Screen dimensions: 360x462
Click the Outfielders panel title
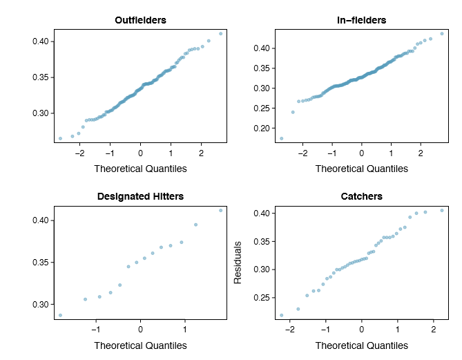point(140,20)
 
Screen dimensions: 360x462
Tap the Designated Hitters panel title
point(140,196)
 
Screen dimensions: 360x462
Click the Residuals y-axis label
point(238,263)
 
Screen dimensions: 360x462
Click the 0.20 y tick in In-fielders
point(261,129)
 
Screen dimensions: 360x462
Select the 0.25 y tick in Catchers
point(261,298)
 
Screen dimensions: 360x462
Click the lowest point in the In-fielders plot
point(281,138)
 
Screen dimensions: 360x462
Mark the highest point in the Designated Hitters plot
point(221,210)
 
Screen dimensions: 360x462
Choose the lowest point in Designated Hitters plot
point(60,315)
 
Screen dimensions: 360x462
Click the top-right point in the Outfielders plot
point(221,33)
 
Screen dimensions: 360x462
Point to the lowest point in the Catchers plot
point(281,315)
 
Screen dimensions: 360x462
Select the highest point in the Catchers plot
point(442,210)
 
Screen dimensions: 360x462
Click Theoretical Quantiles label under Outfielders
point(140,169)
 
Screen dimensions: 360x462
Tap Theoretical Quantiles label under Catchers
point(362,345)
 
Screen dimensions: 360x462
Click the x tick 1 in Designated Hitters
point(184,330)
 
